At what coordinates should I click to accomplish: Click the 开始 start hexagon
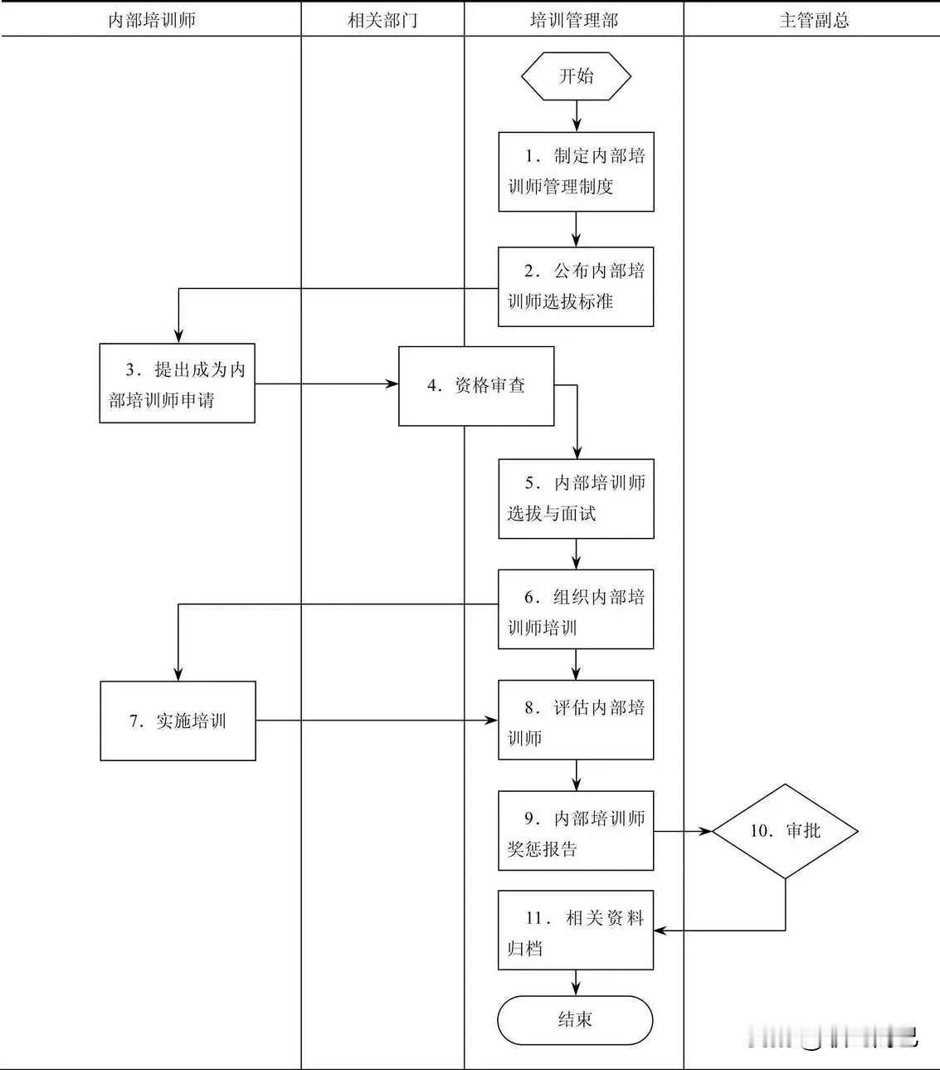coord(576,76)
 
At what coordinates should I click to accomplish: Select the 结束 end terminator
coord(575,1020)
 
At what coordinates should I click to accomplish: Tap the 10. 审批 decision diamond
coord(785,831)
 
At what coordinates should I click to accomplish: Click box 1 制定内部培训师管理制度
coord(576,172)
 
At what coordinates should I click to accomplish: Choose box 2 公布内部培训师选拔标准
coord(576,286)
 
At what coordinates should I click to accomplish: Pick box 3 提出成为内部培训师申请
coord(177,384)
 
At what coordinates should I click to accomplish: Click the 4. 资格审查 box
coord(476,386)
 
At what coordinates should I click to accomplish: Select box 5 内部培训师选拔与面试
coord(576,499)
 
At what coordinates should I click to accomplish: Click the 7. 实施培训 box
coord(178,721)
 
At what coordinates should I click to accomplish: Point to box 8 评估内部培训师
coord(576,721)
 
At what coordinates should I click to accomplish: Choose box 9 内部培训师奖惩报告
coord(576,831)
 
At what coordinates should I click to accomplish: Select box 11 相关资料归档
coord(576,931)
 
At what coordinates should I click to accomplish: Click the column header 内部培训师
coord(152,20)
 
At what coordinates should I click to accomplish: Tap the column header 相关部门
coord(382,20)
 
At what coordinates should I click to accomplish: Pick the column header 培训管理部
coord(574,20)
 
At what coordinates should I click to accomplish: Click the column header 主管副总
coord(814,20)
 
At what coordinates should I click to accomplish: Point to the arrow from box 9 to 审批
coord(683,831)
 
